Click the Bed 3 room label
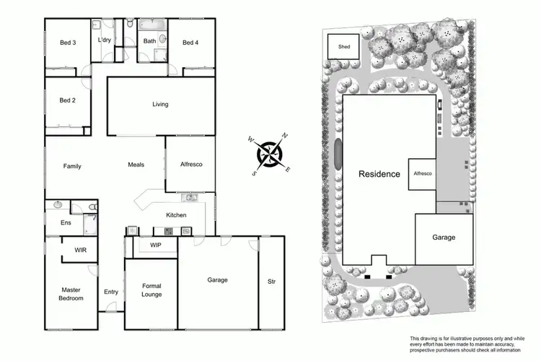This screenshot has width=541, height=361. tap(68, 43)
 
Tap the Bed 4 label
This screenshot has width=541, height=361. tap(190, 43)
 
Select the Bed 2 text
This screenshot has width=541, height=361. tap(68, 100)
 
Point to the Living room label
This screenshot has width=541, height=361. tap(160, 105)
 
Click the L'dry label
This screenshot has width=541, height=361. tap(105, 40)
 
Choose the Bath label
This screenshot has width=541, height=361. tap(149, 41)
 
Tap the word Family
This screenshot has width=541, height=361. tap(72, 166)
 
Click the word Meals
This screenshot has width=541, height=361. tap(136, 165)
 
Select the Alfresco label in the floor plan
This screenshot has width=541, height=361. tap(190, 165)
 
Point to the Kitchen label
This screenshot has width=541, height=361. tap(176, 215)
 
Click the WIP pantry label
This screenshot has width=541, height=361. tap(155, 245)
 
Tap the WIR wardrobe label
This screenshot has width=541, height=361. tap(81, 251)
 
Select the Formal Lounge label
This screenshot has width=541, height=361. tap(151, 290)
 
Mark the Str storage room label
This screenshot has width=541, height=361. tap(270, 280)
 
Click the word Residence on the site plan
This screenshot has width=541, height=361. tap(379, 174)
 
